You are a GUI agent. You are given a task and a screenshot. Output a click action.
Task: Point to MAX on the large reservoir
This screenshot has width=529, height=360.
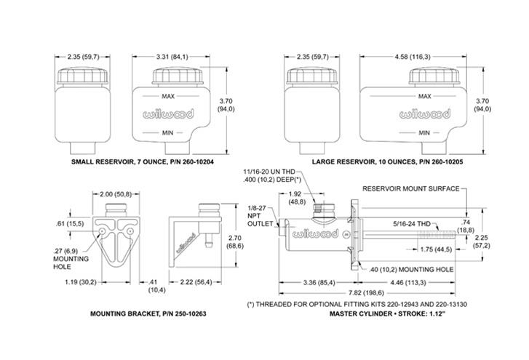click(423, 96)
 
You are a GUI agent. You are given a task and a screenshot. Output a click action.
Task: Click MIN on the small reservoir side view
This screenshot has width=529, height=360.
click(168, 132)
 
